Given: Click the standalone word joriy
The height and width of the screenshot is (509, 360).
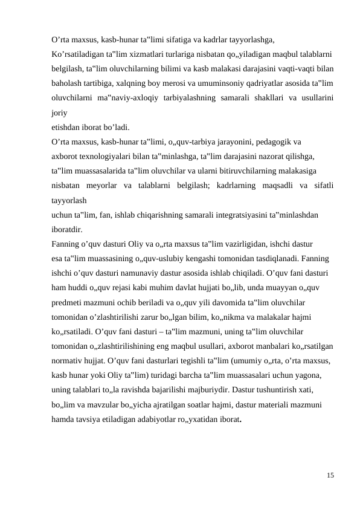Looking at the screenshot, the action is [x=59, y=112].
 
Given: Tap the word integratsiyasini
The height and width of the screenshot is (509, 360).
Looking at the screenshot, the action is [x=216, y=215].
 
